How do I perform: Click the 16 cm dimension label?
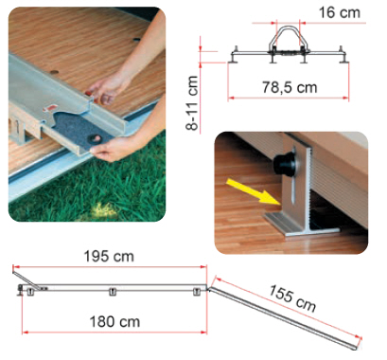click(339, 13)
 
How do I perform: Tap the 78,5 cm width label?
click(290, 87)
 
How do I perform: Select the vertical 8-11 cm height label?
click(192, 102)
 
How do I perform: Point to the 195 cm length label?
click(109, 256)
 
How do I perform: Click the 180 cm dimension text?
click(114, 322)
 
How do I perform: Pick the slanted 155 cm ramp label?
click(292, 298)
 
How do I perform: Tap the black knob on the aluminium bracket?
click(285, 164)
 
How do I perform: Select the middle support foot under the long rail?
click(113, 292)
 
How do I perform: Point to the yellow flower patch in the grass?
click(101, 208)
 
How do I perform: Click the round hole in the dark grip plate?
click(96, 138)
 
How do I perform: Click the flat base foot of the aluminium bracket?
click(301, 225)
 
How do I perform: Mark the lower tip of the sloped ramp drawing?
click(357, 349)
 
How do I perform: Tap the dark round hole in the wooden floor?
click(136, 40)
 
